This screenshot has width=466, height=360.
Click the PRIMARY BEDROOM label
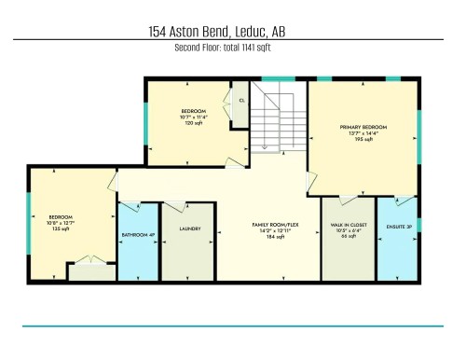point(363,127)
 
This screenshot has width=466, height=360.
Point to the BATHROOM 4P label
point(138,234)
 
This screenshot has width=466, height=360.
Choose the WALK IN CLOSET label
point(347,225)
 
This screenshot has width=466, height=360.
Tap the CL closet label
point(241,100)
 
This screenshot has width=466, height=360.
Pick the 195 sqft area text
point(363,141)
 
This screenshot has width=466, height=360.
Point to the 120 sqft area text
point(194,123)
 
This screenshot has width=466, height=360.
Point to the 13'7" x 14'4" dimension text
point(363,134)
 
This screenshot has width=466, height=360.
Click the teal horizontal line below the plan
point(233,325)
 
